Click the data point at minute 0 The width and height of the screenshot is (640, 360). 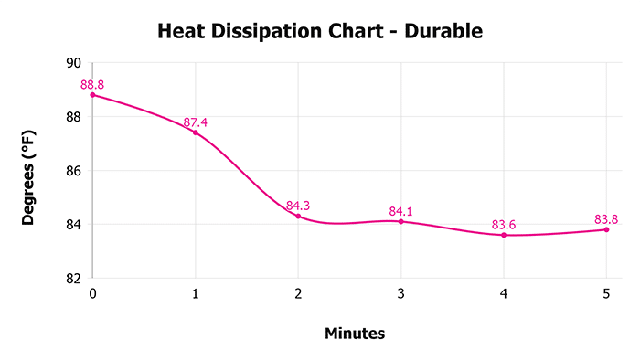92,95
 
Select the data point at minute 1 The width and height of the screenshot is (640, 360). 195,132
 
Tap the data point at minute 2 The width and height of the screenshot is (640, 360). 298,216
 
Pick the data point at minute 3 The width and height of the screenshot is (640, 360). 400,221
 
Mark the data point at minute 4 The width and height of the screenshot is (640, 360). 504,235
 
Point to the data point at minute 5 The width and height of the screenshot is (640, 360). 606,229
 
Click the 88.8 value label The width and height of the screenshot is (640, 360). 92,85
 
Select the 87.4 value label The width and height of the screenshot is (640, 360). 196,122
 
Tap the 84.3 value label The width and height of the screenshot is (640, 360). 298,206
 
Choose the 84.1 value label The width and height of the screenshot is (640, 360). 400,211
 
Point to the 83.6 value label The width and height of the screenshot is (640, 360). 504,225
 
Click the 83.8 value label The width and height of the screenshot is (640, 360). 606,219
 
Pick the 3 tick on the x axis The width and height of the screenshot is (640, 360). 400,294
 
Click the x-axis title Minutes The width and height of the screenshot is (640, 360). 355,334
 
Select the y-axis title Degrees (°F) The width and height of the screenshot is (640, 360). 29,171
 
